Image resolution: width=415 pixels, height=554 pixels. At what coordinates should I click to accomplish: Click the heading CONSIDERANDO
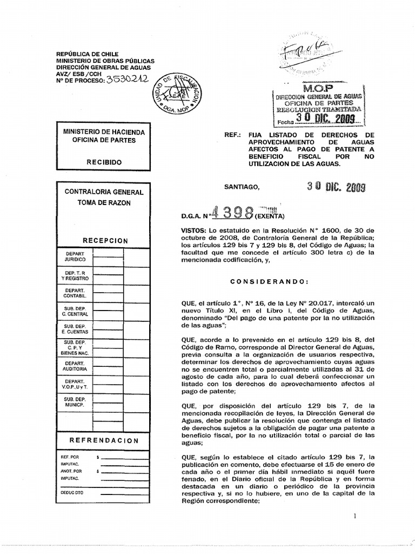pos(270,281)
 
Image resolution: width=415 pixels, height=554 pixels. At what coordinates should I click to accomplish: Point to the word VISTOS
pos(195,230)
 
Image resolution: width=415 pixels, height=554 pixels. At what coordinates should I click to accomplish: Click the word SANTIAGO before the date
pos(242,187)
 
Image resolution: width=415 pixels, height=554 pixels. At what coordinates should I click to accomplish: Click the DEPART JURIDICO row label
pos(75,256)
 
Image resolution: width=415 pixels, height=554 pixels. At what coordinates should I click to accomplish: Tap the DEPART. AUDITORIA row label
pos(75,366)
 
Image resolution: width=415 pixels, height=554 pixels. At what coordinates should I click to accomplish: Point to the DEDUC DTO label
pos(72,492)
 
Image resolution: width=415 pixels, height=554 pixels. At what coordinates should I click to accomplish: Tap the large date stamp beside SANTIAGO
pos(336,187)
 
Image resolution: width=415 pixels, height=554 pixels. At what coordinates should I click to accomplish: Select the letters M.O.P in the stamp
pos(318,87)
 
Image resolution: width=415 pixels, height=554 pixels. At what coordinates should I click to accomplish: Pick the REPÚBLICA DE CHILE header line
pos(88,54)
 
